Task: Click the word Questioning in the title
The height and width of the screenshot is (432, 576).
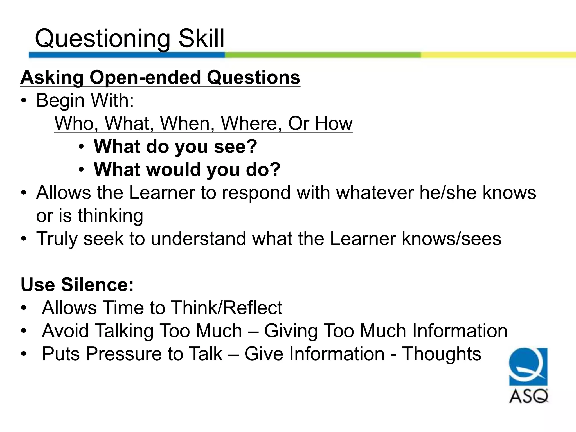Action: point(102,39)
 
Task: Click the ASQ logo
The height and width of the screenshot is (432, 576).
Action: point(528,375)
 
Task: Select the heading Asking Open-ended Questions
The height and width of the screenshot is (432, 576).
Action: point(160,77)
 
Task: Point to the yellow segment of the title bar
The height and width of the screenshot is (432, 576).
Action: point(498,55)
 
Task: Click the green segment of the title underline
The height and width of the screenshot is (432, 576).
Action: point(323,55)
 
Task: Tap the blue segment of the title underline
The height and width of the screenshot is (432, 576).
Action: point(127,55)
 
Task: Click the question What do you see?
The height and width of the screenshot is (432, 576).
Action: point(175,147)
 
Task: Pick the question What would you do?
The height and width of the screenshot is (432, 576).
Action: point(187,170)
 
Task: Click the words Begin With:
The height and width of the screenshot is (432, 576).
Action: point(85,100)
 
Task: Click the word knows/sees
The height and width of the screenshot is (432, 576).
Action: point(451,239)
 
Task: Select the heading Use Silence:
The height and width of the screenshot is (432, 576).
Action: point(77,285)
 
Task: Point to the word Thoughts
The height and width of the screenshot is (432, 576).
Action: point(441,354)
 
